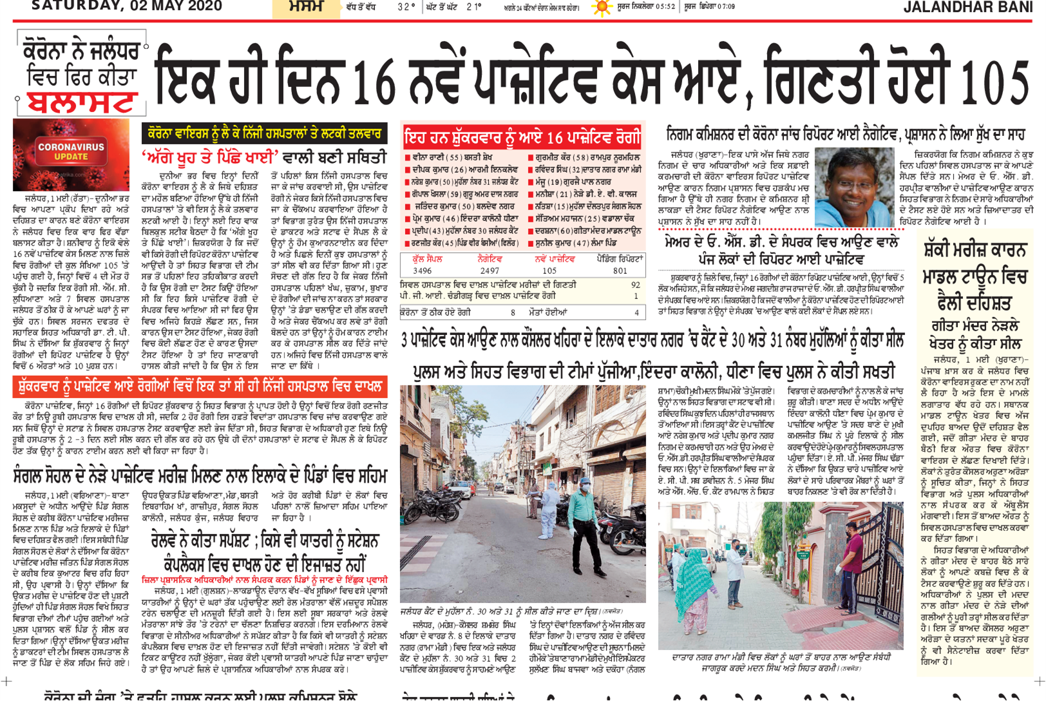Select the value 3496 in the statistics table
(x=422, y=271)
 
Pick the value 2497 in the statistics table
(x=489, y=271)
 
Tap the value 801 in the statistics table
(x=620, y=271)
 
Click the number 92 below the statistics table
(x=636, y=284)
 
